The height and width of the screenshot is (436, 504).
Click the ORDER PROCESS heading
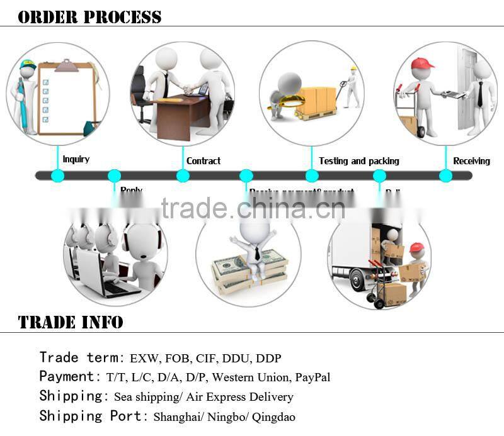point(89,16)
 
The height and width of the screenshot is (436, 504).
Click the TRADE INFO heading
point(71,323)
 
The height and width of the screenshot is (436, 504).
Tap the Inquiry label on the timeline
point(76,159)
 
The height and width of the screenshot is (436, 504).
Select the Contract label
point(203,161)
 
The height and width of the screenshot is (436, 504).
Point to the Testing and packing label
point(358,161)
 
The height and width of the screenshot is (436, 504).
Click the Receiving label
point(471,161)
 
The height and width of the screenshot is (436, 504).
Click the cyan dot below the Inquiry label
point(57,176)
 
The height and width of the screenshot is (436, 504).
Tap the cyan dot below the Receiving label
point(445,176)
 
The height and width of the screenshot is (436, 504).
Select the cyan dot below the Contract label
point(183,176)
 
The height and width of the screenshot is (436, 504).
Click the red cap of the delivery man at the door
point(421,64)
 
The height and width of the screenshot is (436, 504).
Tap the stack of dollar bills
point(248,269)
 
